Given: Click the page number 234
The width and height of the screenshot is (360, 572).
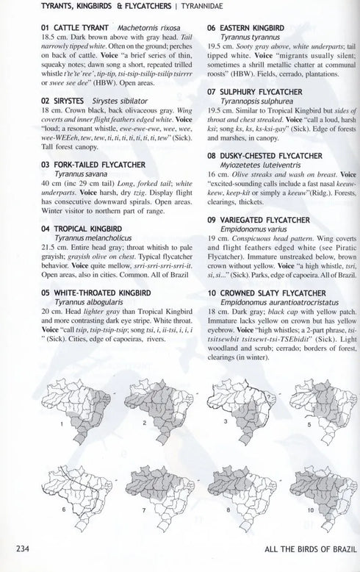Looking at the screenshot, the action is (17, 548).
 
